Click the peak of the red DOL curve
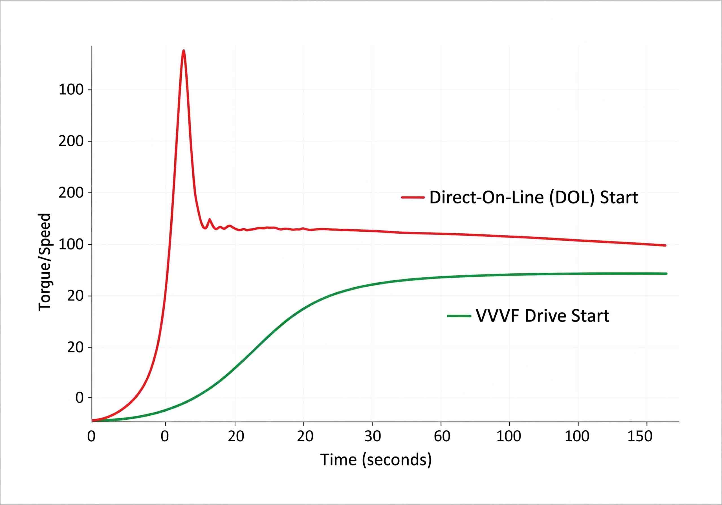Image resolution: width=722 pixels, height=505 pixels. click(x=183, y=51)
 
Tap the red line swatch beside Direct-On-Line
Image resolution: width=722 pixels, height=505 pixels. click(x=413, y=197)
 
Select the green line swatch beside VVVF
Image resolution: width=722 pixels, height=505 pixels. click(x=459, y=316)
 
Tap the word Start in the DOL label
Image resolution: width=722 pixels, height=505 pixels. click(x=619, y=197)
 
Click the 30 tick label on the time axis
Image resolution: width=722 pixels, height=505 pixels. click(x=373, y=436)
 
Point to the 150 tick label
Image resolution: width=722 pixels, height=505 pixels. click(x=640, y=436)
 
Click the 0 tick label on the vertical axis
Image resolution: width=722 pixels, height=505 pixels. click(x=80, y=398)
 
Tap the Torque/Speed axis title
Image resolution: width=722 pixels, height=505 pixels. click(x=45, y=262)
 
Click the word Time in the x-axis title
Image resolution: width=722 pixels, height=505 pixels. click(x=339, y=460)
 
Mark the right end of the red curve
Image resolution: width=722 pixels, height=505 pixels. click(x=665, y=245)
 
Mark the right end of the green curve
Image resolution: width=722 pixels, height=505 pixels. click(x=666, y=274)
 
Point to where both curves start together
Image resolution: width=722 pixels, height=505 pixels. click(x=93, y=420)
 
